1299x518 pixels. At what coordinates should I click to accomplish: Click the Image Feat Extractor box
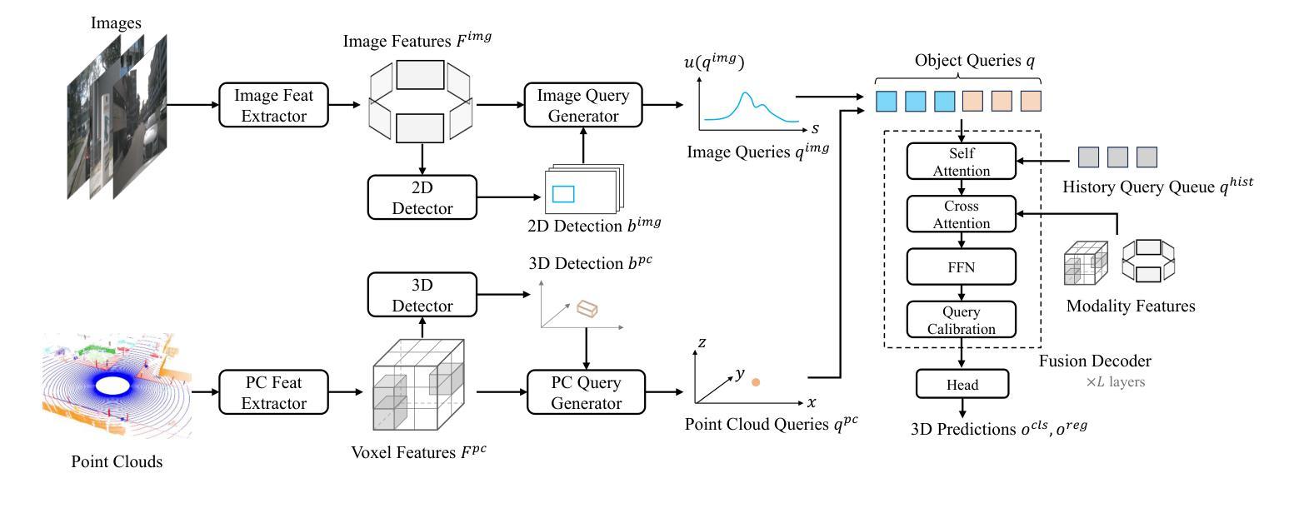tap(274, 105)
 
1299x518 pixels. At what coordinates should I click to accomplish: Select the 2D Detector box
tap(422, 197)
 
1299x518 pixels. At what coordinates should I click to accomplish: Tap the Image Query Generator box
tap(583, 105)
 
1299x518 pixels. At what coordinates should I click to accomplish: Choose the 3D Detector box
tap(422, 294)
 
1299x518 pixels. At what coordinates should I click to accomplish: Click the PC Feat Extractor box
tap(274, 392)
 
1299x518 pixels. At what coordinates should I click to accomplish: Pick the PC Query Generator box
tap(587, 392)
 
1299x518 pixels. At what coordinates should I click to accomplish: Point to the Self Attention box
tap(962, 162)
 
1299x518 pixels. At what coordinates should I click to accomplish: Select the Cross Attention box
tap(962, 214)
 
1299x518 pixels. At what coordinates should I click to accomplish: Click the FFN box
tap(962, 266)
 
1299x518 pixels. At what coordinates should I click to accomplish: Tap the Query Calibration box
tap(962, 319)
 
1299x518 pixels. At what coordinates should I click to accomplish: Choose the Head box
tap(962, 384)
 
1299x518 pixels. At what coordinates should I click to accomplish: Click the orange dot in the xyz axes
tap(756, 382)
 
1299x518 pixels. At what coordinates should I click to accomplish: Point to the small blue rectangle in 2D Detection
tap(563, 193)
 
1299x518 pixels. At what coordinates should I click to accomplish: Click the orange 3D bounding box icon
tap(587, 309)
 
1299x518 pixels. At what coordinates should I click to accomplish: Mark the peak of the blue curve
tap(746, 92)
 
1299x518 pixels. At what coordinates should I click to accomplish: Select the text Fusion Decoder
tap(1095, 361)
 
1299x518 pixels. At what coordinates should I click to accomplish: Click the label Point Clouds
tap(117, 462)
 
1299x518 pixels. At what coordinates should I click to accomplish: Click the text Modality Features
tap(1131, 306)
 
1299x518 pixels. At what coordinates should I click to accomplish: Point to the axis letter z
tap(702, 342)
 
